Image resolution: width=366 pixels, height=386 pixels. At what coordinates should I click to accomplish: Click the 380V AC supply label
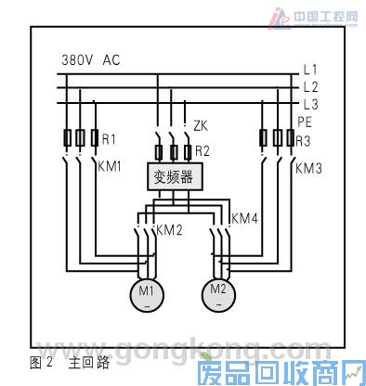pyautogui.click(x=90, y=59)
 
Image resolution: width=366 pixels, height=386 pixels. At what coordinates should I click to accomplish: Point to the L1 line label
pyautogui.click(x=310, y=71)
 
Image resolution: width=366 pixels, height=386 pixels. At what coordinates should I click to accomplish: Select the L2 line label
pyautogui.click(x=310, y=87)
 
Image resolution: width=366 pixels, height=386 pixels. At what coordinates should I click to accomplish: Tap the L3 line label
pyautogui.click(x=310, y=104)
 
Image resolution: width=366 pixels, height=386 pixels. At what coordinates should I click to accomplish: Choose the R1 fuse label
pyautogui.click(x=109, y=140)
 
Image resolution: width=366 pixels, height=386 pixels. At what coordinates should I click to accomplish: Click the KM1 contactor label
pyautogui.click(x=111, y=169)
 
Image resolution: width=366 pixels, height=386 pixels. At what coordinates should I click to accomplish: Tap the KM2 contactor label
pyautogui.click(x=169, y=229)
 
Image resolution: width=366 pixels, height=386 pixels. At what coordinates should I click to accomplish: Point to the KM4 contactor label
pyautogui.click(x=243, y=219)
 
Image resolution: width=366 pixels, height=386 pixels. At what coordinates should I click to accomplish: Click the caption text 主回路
pyautogui.click(x=81, y=363)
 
